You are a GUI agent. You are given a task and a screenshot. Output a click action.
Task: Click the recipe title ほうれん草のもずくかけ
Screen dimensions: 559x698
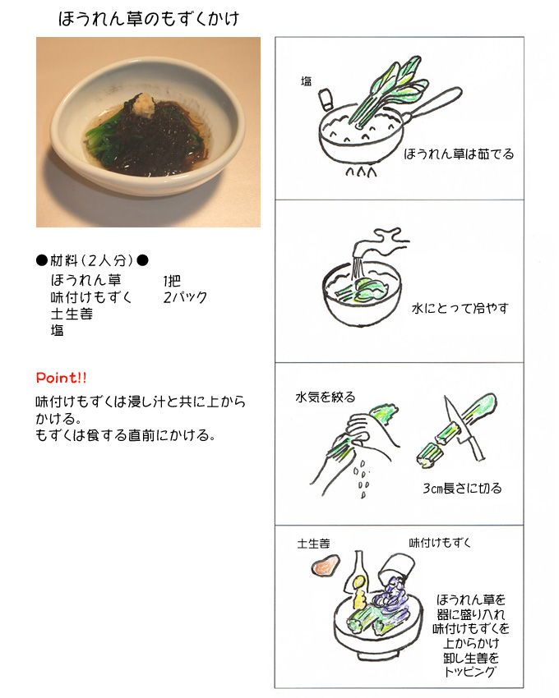click(149, 19)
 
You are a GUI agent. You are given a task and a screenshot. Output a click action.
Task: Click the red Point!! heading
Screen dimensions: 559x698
click(61, 378)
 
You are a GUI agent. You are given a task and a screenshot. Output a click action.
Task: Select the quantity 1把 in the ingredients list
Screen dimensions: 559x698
click(172, 281)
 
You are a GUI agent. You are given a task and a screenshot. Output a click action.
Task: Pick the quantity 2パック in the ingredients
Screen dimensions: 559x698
click(186, 297)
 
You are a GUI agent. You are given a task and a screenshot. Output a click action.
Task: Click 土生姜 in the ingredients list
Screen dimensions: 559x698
click(72, 314)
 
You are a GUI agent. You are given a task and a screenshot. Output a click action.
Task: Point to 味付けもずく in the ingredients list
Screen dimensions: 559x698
click(91, 297)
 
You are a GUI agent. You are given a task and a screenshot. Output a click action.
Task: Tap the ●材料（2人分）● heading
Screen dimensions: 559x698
click(92, 260)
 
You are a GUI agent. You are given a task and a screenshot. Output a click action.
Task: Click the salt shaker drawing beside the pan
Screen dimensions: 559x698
click(326, 99)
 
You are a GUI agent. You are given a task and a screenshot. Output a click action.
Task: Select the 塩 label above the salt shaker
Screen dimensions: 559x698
click(307, 81)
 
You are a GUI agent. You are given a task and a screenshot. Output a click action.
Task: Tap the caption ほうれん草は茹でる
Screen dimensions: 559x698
click(459, 154)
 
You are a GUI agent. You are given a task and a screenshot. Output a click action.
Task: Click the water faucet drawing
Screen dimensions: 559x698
click(381, 241)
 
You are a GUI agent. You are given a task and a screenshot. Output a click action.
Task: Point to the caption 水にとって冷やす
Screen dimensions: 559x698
click(460, 308)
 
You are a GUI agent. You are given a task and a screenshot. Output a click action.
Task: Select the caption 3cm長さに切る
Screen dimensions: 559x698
click(462, 489)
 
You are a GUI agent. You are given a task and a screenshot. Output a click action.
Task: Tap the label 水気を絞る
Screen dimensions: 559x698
click(326, 397)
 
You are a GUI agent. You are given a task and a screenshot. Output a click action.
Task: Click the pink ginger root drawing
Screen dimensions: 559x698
click(326, 564)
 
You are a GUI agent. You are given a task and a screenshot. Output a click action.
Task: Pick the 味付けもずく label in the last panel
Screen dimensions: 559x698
click(440, 543)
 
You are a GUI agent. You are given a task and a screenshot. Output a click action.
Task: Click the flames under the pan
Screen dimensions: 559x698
click(361, 172)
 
